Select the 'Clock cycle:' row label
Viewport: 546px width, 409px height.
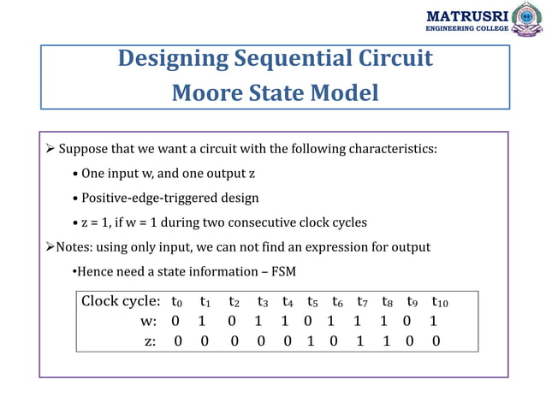tap(121, 301)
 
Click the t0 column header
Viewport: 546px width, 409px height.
tap(176, 302)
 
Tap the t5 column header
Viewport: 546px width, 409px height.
tap(312, 302)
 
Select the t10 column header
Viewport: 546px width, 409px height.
tap(439, 302)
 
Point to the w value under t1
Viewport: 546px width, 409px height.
tap(202, 322)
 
